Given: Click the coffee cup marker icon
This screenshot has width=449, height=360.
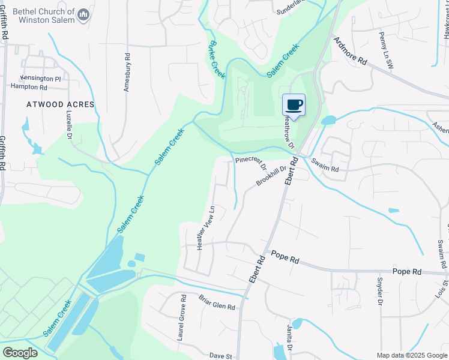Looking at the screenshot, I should pos(294,105).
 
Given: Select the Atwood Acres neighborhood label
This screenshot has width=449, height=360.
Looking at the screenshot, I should pos(61,104).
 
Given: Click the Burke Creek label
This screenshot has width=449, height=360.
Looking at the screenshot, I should pos(217,60).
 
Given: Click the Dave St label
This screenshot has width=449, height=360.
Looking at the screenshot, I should pos(220,356).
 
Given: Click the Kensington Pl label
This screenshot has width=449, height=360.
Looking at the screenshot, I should pos(41,78).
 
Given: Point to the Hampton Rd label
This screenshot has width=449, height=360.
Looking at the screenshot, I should pos(29,86).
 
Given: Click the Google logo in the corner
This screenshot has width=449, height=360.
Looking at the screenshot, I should pos(20,353).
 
